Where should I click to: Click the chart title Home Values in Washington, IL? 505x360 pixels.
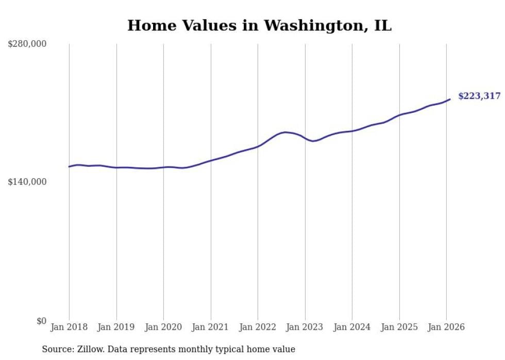click(x=259, y=25)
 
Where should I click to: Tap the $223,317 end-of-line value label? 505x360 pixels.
click(x=479, y=96)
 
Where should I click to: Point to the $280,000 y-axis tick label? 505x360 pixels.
click(x=27, y=44)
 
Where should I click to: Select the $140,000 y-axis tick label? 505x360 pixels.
click(x=27, y=182)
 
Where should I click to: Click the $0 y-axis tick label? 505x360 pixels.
click(x=41, y=321)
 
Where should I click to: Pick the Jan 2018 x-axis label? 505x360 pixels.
click(x=69, y=327)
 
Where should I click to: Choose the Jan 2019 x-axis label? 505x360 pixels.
click(x=116, y=327)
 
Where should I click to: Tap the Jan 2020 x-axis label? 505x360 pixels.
click(x=163, y=327)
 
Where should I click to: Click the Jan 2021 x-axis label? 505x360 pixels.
click(x=211, y=327)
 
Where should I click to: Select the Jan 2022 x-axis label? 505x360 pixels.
click(x=258, y=327)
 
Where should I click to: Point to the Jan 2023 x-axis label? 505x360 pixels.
click(x=305, y=327)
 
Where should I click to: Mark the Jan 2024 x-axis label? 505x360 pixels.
click(x=352, y=327)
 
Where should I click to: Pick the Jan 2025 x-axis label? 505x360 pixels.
click(x=399, y=327)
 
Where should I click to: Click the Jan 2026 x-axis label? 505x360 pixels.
click(x=446, y=327)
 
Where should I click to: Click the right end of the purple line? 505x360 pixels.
click(x=450, y=99)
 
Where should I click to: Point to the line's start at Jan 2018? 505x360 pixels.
click(x=69, y=166)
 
